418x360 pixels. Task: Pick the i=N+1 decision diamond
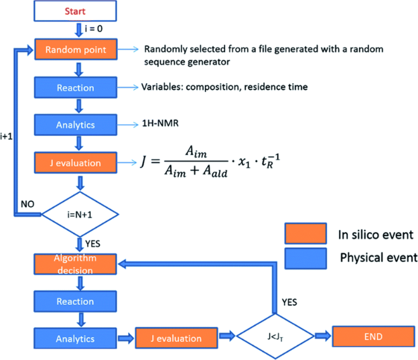pyautogui.click(x=80, y=215)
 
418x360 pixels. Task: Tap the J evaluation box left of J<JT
pyautogui.click(x=178, y=337)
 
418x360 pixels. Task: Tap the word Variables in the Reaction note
pyautogui.click(x=162, y=87)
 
